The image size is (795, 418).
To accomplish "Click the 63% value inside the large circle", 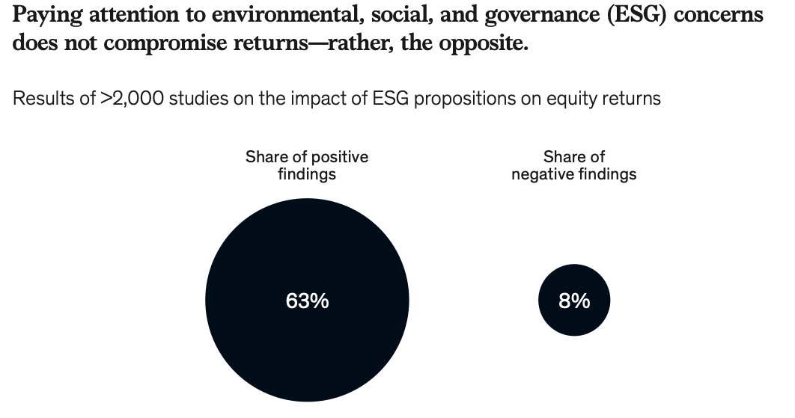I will tap(307, 301).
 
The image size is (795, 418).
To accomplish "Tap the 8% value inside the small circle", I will tap(574, 301).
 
